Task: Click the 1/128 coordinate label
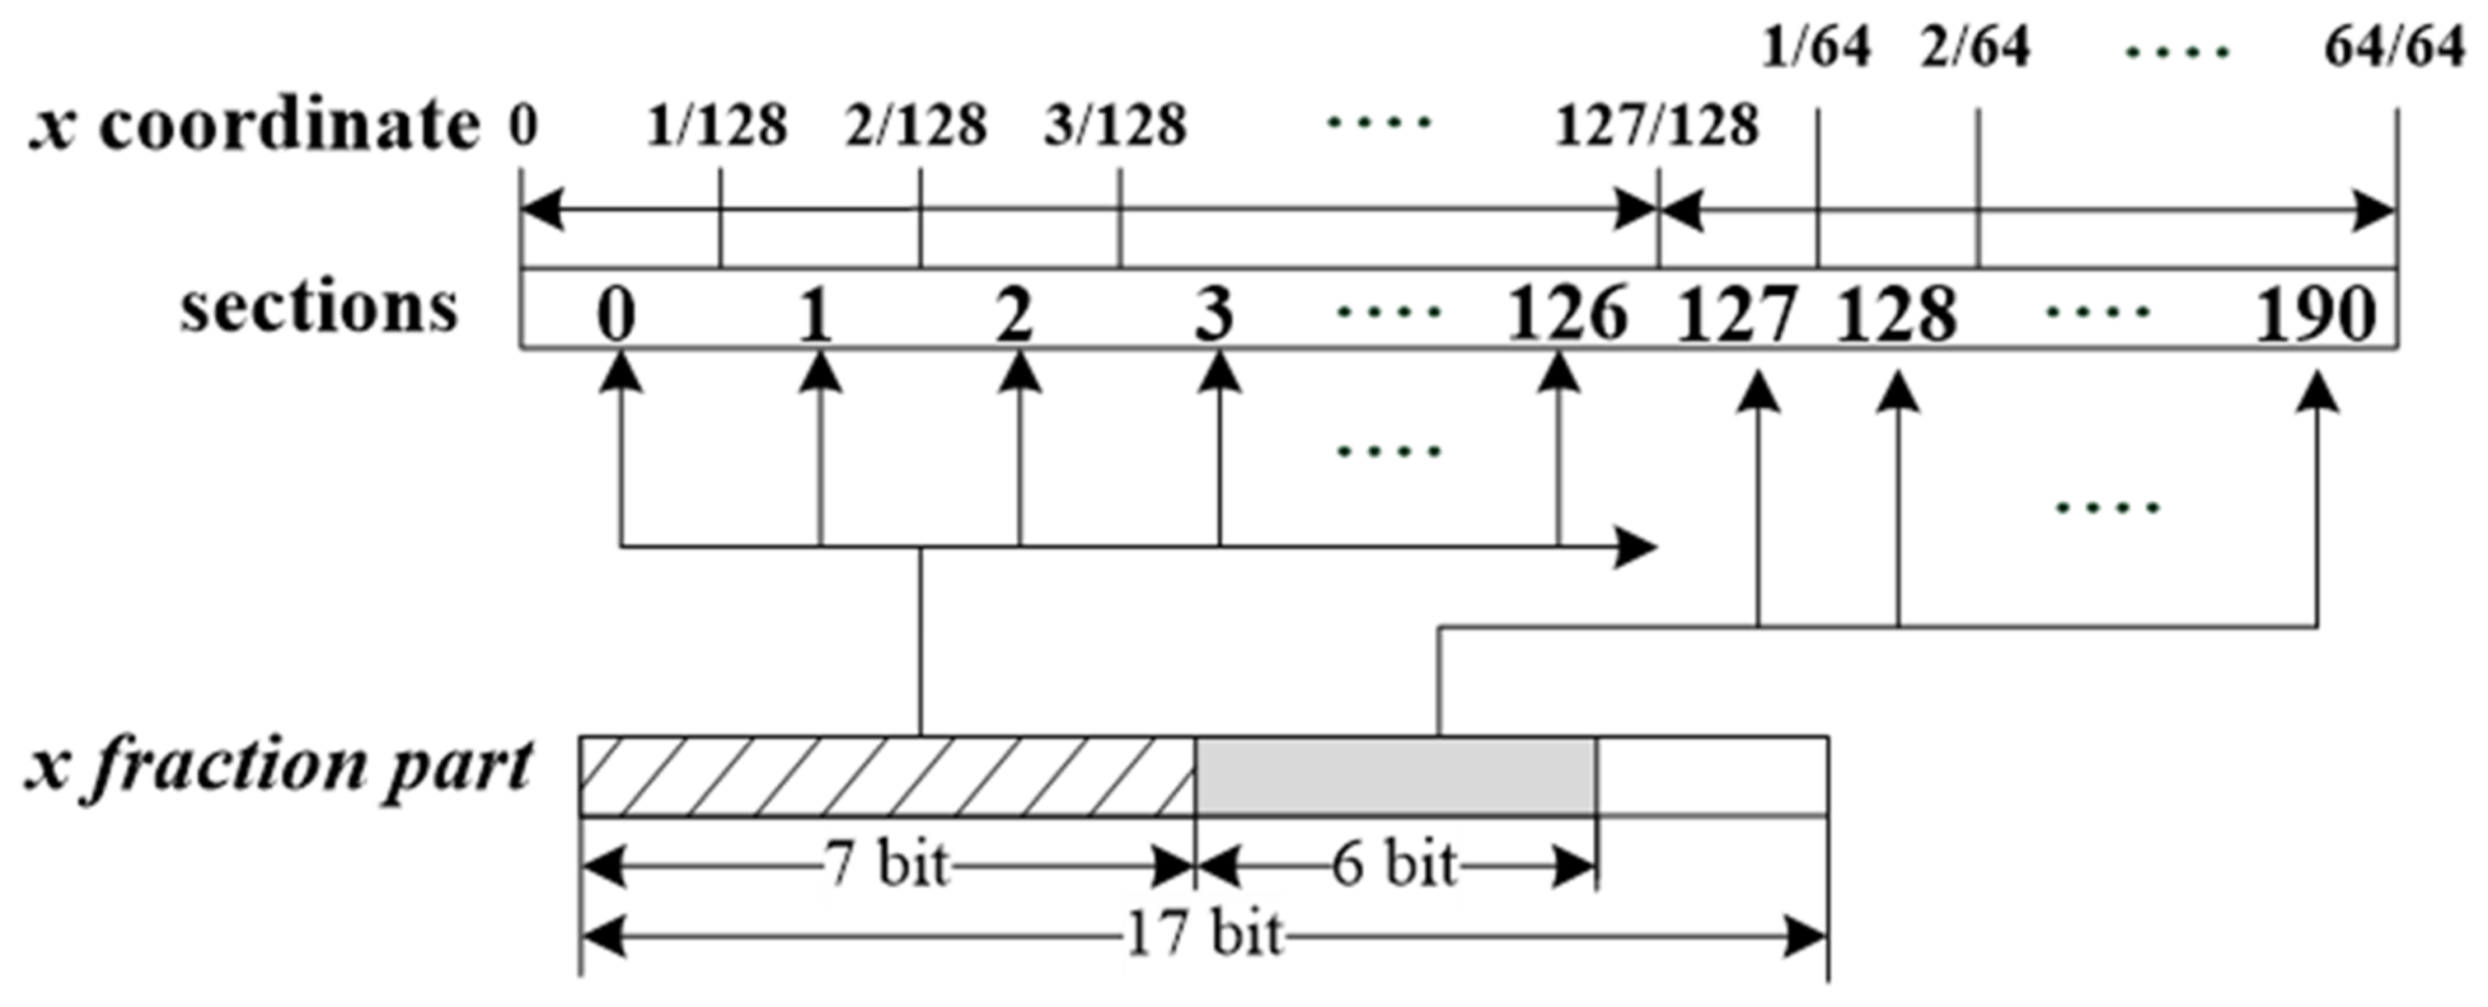coord(717,126)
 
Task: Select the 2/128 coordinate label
coord(916,126)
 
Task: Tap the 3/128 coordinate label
coord(1116,126)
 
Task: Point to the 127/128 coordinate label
coord(1657,126)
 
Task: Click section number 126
coord(1567,314)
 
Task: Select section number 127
coord(1736,314)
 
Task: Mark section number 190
coord(2314,314)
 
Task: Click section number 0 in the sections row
coord(616,314)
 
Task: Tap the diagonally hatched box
coord(887,776)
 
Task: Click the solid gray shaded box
coord(1394,776)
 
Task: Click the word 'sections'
coord(319,308)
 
